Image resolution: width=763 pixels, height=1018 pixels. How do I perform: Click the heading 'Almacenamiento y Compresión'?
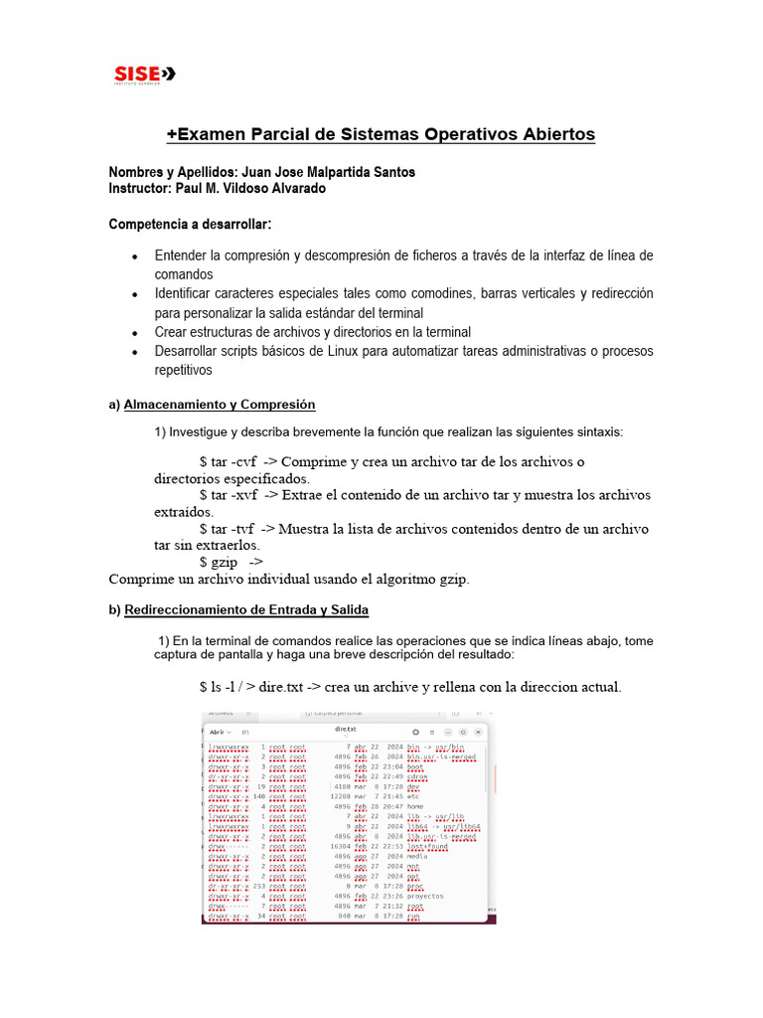click(x=220, y=405)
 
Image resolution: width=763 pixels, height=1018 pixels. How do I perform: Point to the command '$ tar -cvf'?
click(x=231, y=461)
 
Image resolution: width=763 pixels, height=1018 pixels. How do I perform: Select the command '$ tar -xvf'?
click(x=231, y=494)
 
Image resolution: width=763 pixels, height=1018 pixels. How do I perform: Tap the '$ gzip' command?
click(x=219, y=562)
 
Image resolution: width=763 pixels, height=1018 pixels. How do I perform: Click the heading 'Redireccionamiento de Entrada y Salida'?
click(x=246, y=609)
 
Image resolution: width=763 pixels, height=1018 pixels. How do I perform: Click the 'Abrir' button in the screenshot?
click(x=217, y=731)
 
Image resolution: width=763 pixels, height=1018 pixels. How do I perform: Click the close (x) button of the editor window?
click(x=480, y=731)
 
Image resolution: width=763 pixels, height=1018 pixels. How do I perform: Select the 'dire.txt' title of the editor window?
click(x=345, y=730)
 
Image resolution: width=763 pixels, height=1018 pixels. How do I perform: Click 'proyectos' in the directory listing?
click(x=426, y=896)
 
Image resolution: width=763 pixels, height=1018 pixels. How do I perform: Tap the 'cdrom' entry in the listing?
click(x=419, y=776)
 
